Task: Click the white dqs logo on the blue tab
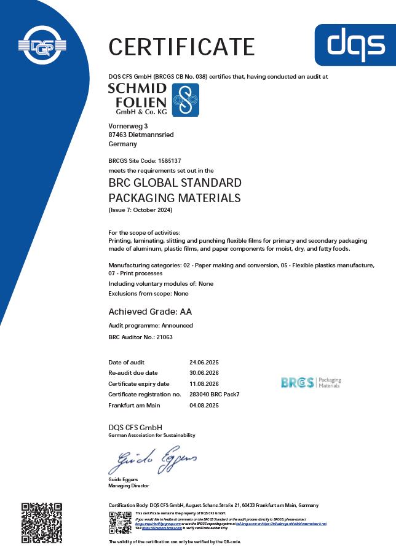point(354,44)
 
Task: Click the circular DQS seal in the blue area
point(42,44)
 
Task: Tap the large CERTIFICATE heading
point(181,47)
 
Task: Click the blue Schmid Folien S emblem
point(185,100)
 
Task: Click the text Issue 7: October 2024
point(141,211)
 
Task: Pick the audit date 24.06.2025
point(204,363)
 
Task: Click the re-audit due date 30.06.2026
point(204,373)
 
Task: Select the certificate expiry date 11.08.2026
point(204,383)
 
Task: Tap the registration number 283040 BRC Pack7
point(214,394)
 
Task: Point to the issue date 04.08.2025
point(204,406)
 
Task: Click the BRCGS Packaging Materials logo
point(311,382)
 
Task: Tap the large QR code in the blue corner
point(42,523)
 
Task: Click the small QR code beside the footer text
point(120,522)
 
